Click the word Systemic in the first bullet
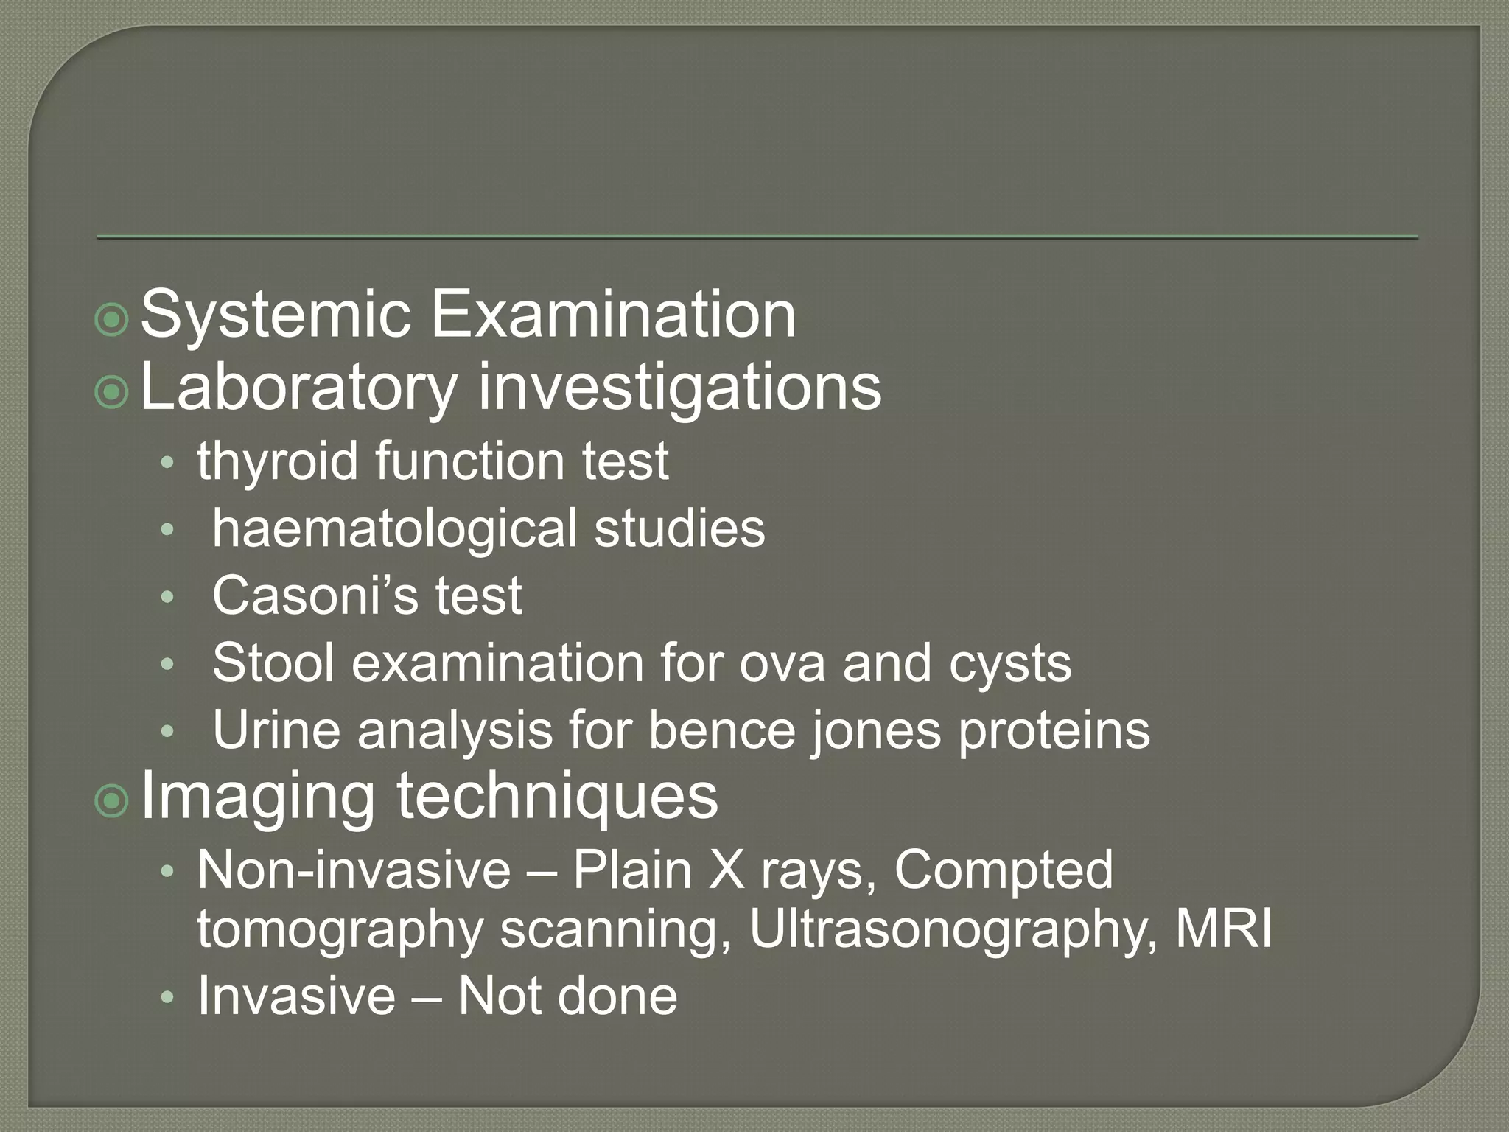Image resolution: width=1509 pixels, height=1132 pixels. click(274, 315)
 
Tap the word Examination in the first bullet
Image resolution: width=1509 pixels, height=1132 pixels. click(612, 315)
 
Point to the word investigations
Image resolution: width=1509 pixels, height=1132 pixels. click(679, 388)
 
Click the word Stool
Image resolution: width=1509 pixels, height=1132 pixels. click(273, 663)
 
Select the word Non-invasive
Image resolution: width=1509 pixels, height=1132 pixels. click(354, 870)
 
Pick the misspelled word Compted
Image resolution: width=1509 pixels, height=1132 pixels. click(1004, 870)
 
